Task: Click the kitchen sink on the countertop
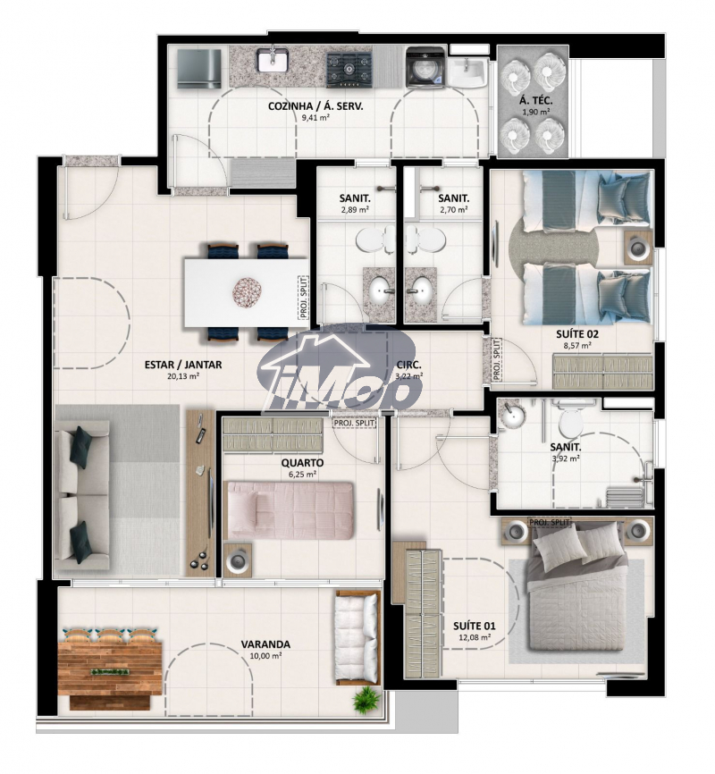pyautogui.click(x=271, y=59)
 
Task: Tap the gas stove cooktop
pyautogui.click(x=349, y=70)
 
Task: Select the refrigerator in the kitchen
pyautogui.click(x=199, y=69)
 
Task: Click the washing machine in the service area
pyautogui.click(x=425, y=67)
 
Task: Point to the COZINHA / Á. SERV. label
pyautogui.click(x=315, y=106)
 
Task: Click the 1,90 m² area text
pyautogui.click(x=536, y=112)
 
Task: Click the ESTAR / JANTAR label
pyautogui.click(x=183, y=365)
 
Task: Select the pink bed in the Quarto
pyautogui.click(x=290, y=510)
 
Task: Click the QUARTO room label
pyautogui.click(x=302, y=463)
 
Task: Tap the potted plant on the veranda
pyautogui.click(x=366, y=698)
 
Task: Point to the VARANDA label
pyautogui.click(x=265, y=644)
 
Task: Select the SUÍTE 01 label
pyautogui.click(x=475, y=626)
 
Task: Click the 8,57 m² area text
pyautogui.click(x=577, y=346)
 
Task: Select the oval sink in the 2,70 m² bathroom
pyautogui.click(x=420, y=289)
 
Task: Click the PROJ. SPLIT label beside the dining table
pyautogui.click(x=304, y=297)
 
